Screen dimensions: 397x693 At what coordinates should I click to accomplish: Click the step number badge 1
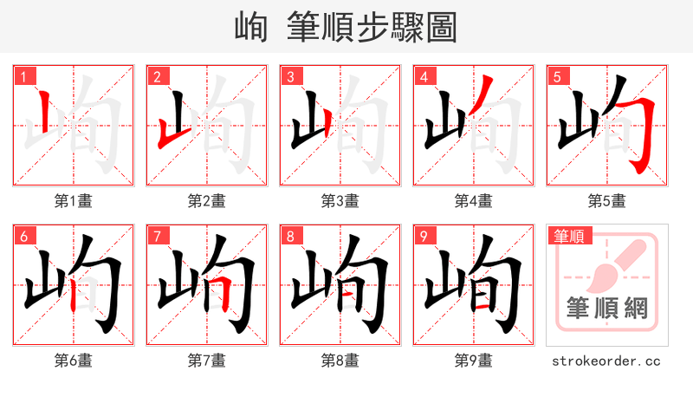[x=23, y=76]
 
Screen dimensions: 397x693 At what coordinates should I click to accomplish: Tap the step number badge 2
[x=157, y=76]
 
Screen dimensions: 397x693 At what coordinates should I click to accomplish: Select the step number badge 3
[x=290, y=76]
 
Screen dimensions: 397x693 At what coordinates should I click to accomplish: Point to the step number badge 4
[x=424, y=76]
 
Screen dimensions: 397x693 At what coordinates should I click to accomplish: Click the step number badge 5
[x=557, y=76]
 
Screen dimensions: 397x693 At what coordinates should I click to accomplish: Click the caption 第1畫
[x=74, y=201]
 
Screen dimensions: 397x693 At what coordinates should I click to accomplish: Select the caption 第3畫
[x=340, y=201]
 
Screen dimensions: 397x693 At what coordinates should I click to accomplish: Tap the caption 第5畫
[x=607, y=201]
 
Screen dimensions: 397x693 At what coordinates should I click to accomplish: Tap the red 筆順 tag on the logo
[x=568, y=236]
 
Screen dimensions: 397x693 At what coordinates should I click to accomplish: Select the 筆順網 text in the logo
[x=607, y=309]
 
